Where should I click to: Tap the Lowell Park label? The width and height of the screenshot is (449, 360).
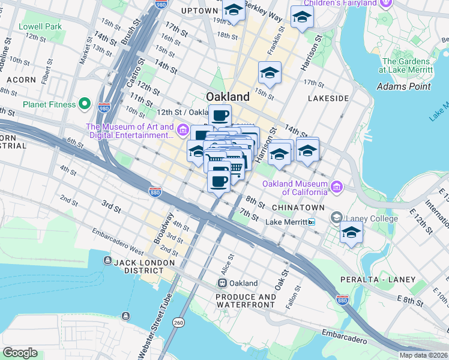pyautogui.click(x=40, y=27)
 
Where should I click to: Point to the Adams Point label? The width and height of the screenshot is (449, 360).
pyautogui.click(x=404, y=86)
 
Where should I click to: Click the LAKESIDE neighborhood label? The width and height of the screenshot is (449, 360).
pyautogui.click(x=328, y=98)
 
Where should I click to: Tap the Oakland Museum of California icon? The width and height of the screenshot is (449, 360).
pyautogui.click(x=336, y=187)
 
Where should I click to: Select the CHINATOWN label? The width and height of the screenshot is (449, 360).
pyautogui.click(x=298, y=207)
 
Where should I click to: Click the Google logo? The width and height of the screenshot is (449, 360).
pyautogui.click(x=20, y=353)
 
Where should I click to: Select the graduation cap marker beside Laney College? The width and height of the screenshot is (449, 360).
pyautogui.click(x=351, y=233)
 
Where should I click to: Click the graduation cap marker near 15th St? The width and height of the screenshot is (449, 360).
pyautogui.click(x=270, y=73)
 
